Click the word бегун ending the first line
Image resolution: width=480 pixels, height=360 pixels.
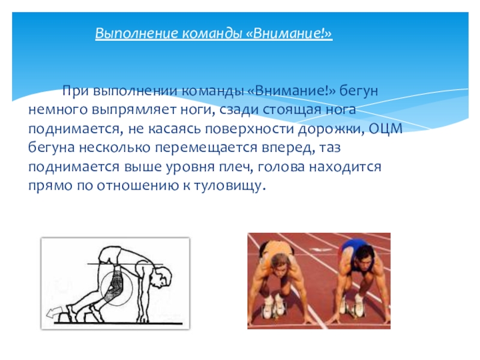pos(359,90)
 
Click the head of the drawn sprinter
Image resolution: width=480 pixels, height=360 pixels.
pos(163,280)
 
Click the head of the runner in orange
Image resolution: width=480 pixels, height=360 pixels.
pos(280,264)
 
